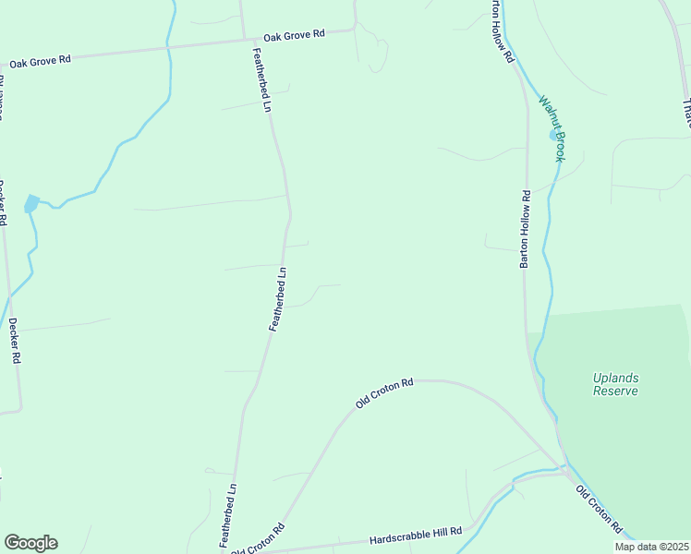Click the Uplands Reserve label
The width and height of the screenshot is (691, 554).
615,384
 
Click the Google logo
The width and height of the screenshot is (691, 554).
30,543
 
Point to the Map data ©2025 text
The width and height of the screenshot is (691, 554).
651,547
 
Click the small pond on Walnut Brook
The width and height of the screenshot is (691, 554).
554,135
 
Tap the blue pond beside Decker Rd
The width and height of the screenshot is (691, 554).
30,203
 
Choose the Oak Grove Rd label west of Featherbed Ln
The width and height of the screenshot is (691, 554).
40,62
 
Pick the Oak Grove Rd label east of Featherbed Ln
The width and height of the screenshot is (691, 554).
294,35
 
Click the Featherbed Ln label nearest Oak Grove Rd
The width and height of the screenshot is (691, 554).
261,80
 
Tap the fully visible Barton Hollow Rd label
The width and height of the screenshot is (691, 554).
525,230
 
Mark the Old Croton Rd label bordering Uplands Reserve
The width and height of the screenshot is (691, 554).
600,510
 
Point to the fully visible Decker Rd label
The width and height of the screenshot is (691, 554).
13,342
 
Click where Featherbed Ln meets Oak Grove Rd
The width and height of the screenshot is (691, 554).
244,40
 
